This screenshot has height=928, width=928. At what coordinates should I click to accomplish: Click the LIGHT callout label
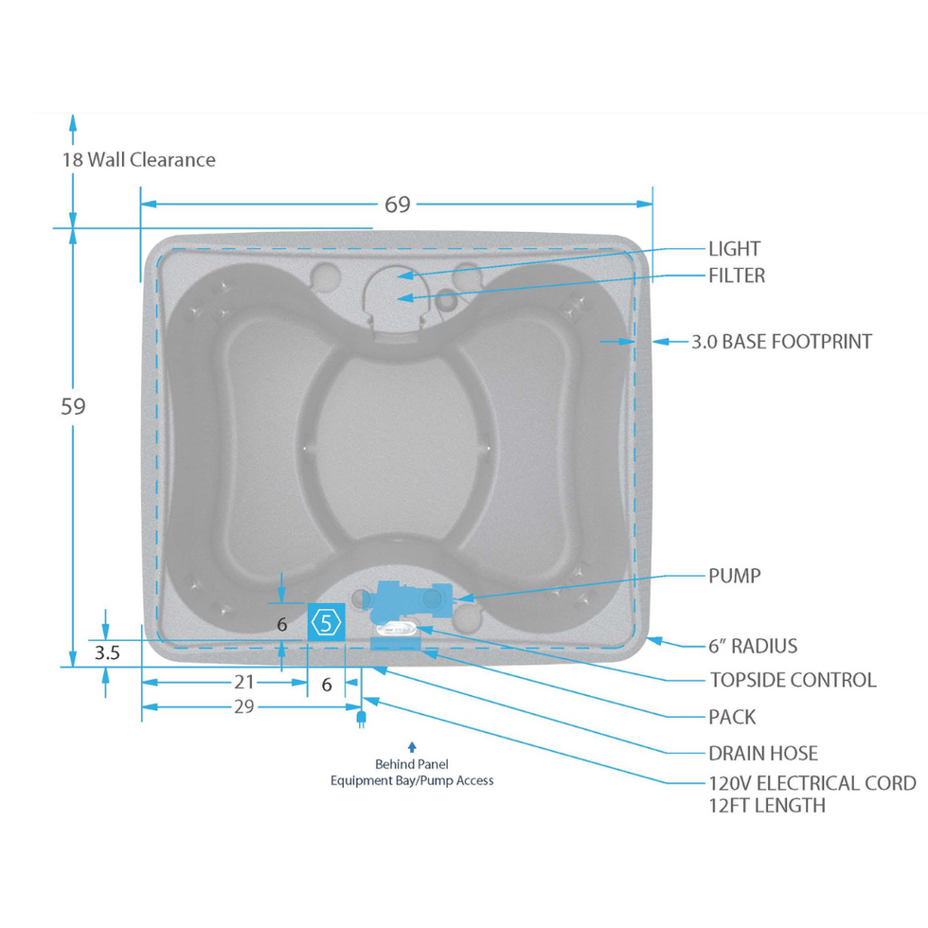click(734, 249)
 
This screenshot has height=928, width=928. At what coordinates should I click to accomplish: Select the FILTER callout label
click(737, 276)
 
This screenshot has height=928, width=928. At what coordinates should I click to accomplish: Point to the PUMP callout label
click(734, 576)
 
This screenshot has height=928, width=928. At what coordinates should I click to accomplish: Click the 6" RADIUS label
click(753, 646)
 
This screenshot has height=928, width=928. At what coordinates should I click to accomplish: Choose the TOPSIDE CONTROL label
click(793, 680)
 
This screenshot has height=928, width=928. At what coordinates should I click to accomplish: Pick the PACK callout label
click(732, 717)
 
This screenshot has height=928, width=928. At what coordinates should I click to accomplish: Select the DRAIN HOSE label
click(763, 754)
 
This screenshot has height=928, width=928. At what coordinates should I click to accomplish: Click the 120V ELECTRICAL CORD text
click(812, 783)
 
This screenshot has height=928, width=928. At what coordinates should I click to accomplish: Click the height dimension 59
click(73, 406)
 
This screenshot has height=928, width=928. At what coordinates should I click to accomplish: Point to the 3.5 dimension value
click(106, 652)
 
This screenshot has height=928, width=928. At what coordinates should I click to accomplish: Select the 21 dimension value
click(244, 682)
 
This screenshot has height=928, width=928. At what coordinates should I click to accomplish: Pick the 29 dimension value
click(244, 706)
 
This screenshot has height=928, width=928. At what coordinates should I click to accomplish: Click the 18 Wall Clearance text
click(139, 159)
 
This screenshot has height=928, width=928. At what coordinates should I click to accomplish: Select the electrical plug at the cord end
click(361, 719)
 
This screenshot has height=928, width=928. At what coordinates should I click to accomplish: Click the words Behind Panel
click(412, 764)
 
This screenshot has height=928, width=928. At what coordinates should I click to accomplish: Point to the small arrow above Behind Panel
click(412, 747)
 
